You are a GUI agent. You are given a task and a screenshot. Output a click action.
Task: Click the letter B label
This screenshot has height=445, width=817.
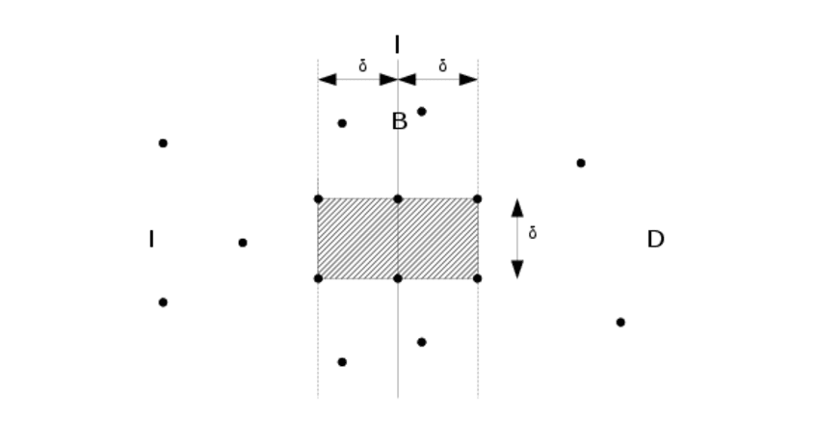click(x=399, y=122)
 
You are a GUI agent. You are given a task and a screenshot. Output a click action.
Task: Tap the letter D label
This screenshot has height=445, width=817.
click(x=655, y=240)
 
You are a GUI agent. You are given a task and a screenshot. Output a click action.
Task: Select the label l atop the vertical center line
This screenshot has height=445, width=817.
click(x=397, y=44)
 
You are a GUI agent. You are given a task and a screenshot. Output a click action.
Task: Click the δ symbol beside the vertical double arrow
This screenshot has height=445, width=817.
click(x=533, y=233)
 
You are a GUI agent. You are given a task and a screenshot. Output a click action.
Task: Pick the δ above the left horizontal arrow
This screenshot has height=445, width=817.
click(x=362, y=66)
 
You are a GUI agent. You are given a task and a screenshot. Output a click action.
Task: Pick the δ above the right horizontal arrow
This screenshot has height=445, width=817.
click(x=442, y=66)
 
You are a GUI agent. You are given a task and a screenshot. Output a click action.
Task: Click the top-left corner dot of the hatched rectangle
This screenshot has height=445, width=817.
click(x=318, y=199)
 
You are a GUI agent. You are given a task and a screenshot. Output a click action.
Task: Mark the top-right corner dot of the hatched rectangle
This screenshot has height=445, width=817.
click(x=477, y=199)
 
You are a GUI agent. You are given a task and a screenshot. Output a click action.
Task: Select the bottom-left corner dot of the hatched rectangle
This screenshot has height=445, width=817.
click(x=318, y=278)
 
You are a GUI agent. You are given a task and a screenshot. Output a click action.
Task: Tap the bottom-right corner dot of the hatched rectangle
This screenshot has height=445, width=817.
click(x=477, y=278)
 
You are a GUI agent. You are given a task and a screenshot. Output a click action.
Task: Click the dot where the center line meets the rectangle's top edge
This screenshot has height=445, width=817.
click(x=398, y=199)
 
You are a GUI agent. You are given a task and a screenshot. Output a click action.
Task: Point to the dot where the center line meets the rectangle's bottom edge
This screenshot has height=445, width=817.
click(x=398, y=278)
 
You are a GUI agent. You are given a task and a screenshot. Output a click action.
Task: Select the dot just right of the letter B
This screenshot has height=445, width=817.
click(x=421, y=112)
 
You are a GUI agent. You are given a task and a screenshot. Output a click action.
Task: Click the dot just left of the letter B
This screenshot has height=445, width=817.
click(x=342, y=123)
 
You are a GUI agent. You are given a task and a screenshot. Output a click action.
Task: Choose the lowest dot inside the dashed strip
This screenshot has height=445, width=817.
click(x=342, y=362)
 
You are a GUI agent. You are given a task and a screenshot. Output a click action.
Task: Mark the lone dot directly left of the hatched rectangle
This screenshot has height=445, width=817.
click(x=243, y=243)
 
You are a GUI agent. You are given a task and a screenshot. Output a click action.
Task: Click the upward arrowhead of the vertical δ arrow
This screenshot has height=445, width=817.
click(x=517, y=207)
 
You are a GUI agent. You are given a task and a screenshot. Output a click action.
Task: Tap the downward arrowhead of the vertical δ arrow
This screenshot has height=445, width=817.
click(x=517, y=270)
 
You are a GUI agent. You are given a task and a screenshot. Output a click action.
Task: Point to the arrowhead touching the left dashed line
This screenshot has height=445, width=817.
click(x=328, y=79)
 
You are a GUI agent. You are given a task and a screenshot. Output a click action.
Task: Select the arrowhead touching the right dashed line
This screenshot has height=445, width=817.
click(x=468, y=79)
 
